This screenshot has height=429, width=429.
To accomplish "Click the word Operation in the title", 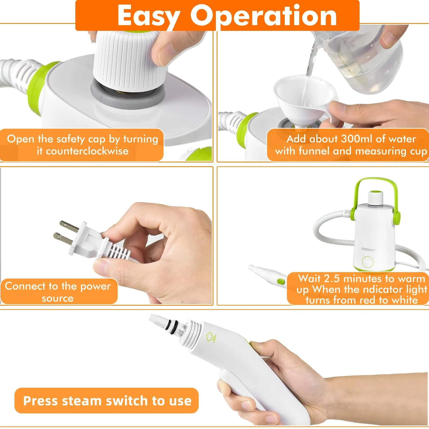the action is point(264,16).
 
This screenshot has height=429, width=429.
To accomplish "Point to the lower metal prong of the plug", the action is point(63,239).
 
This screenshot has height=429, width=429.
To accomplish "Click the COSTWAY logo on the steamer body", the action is point(368,249).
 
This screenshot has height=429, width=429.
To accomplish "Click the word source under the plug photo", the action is point(57,298).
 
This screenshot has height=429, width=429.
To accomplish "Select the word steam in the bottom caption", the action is point(82,401).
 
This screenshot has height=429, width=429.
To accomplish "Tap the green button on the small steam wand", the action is point(281,282).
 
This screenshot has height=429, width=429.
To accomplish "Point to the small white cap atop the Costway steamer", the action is point(375,198).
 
